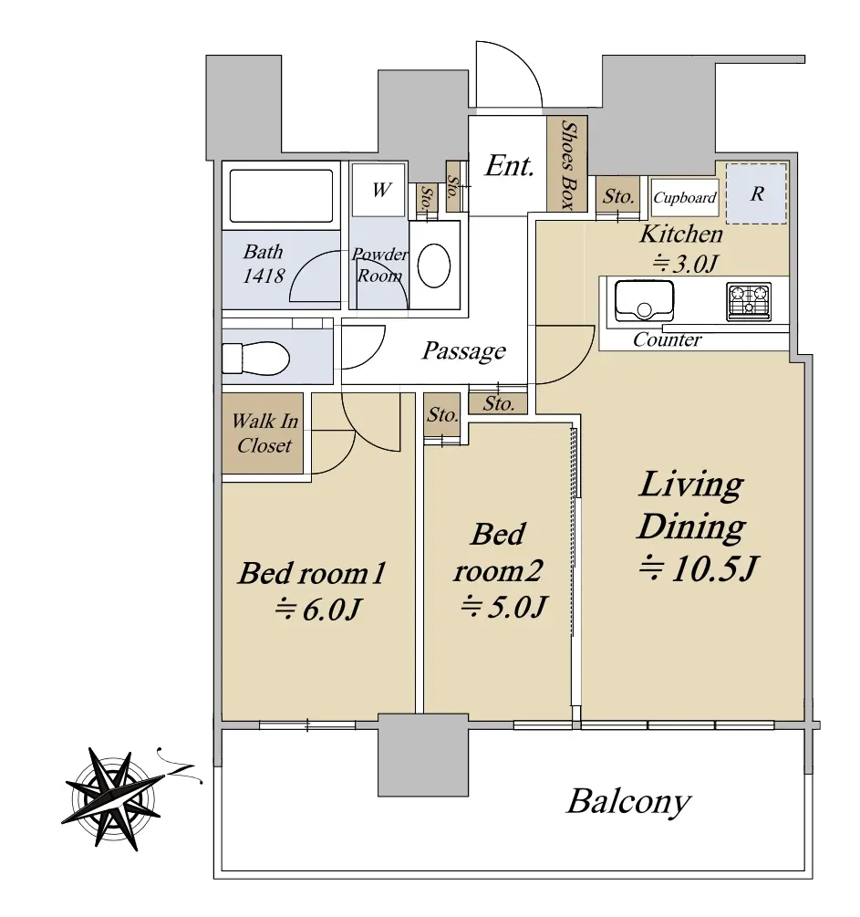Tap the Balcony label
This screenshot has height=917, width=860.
tap(628, 802)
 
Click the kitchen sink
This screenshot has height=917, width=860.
tap(644, 300)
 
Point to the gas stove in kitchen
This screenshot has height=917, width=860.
tap(748, 301)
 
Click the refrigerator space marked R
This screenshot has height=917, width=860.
tap(756, 194)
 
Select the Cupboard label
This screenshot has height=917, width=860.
tap(685, 197)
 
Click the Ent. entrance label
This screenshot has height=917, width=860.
tap(508, 166)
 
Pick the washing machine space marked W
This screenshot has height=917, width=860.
tap(381, 191)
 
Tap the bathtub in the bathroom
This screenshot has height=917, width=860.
tap(280, 195)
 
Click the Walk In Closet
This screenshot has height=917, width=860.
tap(264, 433)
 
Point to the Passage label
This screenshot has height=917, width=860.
tap(463, 350)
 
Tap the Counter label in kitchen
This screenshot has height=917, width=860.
tap(668, 340)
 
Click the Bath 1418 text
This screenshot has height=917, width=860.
tap(264, 263)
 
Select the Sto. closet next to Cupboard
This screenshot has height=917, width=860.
tap(619, 196)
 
